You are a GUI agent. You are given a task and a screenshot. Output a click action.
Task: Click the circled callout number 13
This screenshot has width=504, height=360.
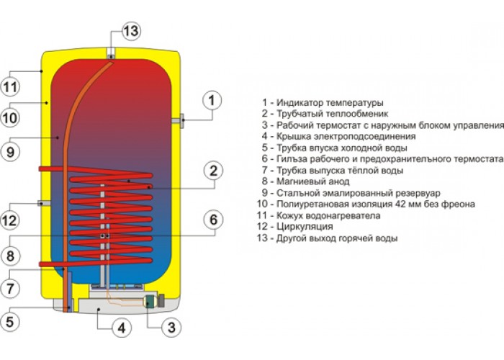click(131, 31)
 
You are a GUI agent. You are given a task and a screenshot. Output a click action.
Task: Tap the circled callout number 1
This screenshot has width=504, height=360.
click(212, 100)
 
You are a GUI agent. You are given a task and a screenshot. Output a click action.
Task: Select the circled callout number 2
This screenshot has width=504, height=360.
click(214, 171)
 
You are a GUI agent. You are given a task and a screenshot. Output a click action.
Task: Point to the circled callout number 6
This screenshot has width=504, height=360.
click(214, 220)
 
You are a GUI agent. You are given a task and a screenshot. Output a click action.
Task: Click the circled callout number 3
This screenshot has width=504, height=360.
click(171, 327)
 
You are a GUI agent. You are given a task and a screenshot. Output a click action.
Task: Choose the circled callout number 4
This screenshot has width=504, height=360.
click(122, 328)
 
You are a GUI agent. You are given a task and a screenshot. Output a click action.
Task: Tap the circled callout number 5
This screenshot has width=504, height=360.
click(10, 322)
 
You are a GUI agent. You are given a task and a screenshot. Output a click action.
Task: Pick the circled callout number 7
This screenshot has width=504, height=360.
click(10, 288)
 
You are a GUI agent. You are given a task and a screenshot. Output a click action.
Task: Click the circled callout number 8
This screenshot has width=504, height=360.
click(10, 256)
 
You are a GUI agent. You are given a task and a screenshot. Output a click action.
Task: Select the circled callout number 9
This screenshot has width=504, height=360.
click(10, 151)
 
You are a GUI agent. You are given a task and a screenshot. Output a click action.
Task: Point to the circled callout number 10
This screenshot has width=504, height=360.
click(10, 117)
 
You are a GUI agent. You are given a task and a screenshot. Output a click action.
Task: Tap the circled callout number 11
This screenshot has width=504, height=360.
click(10, 87)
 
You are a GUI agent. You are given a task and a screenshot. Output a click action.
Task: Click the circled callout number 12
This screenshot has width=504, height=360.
click(10, 220)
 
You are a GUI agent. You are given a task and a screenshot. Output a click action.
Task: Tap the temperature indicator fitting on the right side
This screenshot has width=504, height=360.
click(179, 120)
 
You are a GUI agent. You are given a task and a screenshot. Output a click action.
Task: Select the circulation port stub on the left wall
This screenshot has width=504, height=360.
click(44, 203)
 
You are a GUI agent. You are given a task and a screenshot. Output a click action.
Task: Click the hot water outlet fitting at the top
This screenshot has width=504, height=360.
click(111, 54)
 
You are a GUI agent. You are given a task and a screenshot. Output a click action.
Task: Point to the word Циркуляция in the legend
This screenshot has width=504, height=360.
click(305, 227)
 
